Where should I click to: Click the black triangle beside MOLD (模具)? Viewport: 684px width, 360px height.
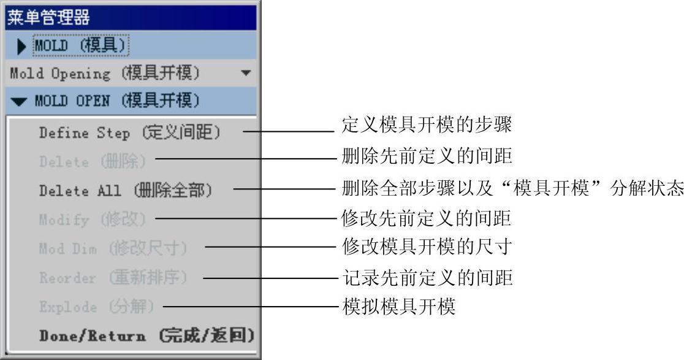(21, 47)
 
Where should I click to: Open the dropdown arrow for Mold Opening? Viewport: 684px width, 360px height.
(246, 73)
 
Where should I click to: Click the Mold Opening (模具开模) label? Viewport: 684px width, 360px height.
(105, 74)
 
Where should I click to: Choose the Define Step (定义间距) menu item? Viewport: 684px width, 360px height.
(129, 132)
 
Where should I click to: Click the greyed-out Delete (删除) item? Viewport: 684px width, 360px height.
(93, 162)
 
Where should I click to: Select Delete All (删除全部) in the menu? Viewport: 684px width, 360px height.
(126, 191)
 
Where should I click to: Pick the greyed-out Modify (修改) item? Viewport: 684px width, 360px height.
(93, 220)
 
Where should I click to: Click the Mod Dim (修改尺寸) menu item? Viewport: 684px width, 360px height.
(113, 249)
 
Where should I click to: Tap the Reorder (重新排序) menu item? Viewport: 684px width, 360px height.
(113, 278)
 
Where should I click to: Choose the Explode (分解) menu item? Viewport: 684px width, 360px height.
(97, 307)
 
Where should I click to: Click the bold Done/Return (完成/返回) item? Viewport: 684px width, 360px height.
(146, 336)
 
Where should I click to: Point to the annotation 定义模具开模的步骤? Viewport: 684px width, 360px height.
(426, 127)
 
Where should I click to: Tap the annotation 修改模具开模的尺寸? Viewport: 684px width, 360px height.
(426, 247)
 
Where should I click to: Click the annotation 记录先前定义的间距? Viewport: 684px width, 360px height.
(426, 278)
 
